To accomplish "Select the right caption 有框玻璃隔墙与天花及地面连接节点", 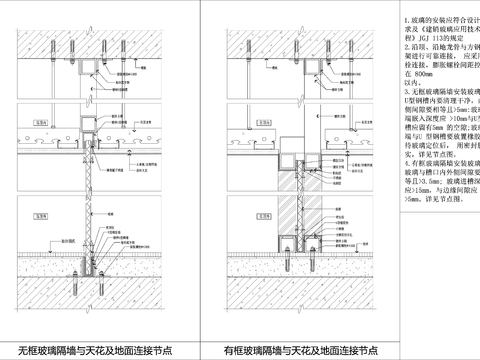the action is coord(301,349).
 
